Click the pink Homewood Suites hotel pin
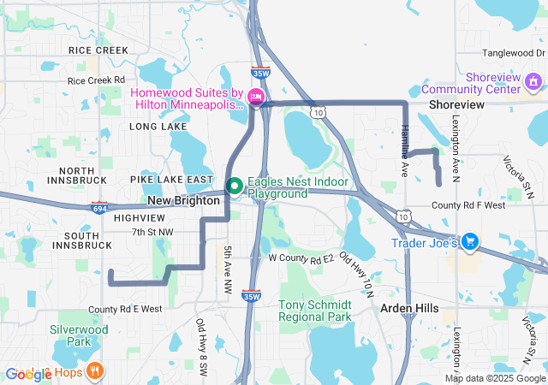tap(255, 96)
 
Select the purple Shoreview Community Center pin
tap(534, 82)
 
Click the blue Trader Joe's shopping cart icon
tap(469, 243)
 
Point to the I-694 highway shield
tap(99, 207)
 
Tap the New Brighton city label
tap(184, 199)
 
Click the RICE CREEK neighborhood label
tap(98, 50)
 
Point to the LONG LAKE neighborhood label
tap(158, 127)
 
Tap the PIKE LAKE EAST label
tap(171, 180)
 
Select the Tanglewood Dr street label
tap(514, 53)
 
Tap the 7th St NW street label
tap(152, 232)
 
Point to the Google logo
tap(28, 374)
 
